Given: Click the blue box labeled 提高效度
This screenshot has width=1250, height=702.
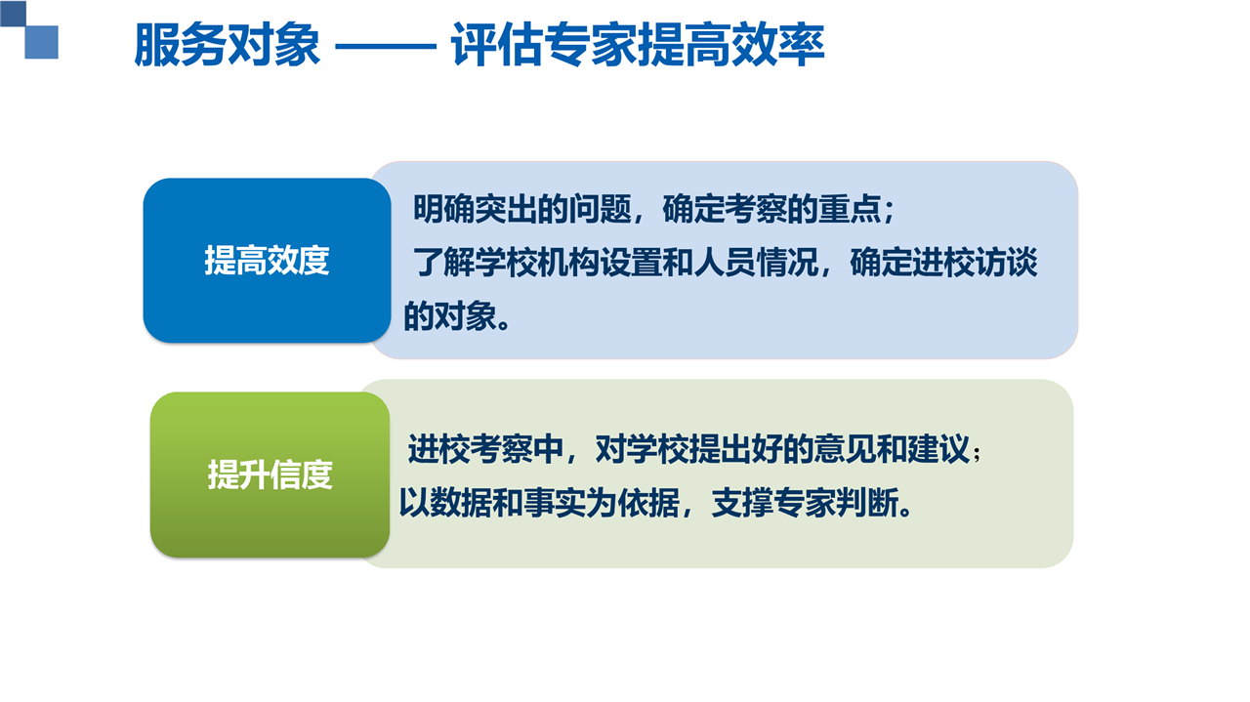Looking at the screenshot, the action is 267,260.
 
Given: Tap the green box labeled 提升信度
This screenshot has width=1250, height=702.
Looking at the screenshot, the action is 271,475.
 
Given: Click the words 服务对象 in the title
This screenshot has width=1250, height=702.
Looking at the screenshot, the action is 228,45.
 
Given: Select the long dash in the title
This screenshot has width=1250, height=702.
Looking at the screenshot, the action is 385,46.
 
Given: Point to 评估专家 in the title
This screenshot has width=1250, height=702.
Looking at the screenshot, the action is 544,45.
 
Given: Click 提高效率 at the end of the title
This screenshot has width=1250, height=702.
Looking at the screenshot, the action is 731,45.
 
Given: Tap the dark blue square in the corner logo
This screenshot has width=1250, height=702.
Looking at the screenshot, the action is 13,13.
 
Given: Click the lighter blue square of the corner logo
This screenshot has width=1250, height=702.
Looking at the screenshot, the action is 42,42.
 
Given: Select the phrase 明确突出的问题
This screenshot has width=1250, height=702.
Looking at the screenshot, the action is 522,209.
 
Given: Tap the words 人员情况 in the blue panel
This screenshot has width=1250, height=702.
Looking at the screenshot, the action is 756,263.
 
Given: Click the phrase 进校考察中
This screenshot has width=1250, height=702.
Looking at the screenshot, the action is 485,449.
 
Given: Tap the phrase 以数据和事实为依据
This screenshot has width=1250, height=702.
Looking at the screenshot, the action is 538,503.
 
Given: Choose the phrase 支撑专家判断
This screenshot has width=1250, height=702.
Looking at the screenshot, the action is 805,503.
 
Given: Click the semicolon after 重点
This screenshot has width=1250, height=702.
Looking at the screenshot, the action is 889,212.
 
